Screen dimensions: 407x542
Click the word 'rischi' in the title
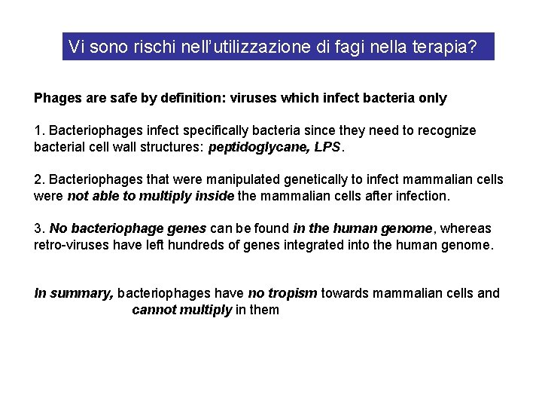(154, 47)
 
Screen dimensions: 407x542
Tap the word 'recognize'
(446, 130)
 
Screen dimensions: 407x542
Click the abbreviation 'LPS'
(327, 147)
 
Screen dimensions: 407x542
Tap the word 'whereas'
(467, 228)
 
